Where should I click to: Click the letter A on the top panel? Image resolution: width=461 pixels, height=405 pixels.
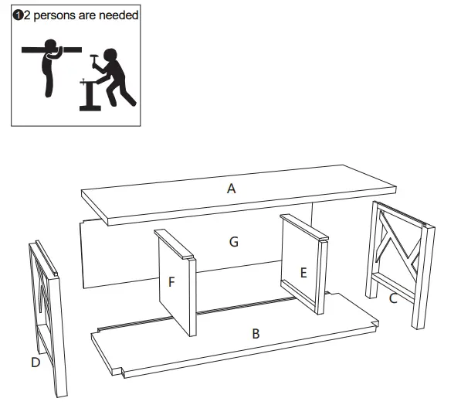[231, 188]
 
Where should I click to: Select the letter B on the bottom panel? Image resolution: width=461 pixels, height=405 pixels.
[255, 334]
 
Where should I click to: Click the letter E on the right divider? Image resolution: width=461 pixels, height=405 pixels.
[303, 272]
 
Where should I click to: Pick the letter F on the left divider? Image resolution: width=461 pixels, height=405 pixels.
[171, 282]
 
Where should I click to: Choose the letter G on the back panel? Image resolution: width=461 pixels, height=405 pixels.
[233, 242]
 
